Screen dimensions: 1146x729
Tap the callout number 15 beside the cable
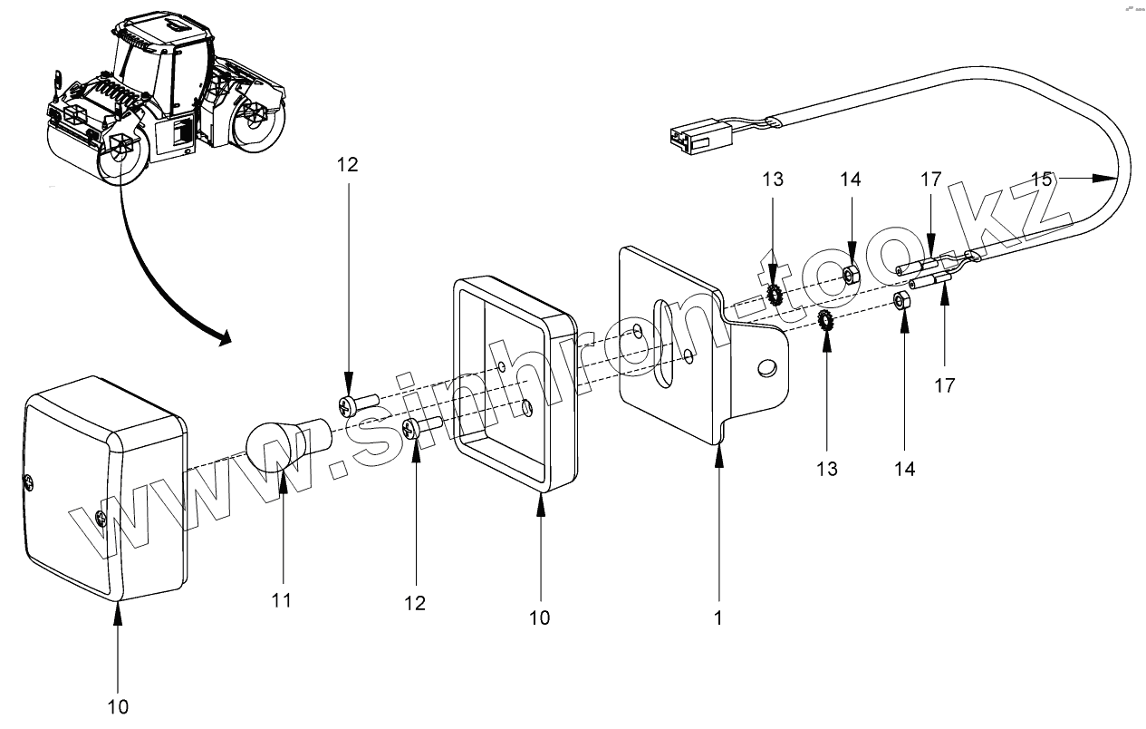[1042, 180]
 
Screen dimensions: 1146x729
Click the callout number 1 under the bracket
[718, 617]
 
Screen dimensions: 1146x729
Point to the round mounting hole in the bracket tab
[766, 367]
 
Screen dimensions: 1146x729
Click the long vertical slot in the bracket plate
[664, 345]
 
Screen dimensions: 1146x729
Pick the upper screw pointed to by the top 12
[358, 404]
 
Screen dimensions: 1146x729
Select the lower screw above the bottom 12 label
[422, 427]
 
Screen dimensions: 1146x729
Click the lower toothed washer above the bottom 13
[825, 321]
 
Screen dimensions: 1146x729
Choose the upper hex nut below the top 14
[851, 276]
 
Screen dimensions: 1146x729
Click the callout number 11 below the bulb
[282, 600]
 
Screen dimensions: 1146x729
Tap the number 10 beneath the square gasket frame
[539, 617]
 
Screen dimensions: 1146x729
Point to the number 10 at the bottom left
[118, 707]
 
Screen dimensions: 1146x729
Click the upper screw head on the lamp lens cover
[29, 481]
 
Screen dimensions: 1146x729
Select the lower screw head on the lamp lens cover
[101, 519]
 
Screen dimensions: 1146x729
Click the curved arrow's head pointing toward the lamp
[224, 338]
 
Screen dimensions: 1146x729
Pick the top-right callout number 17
[930, 180]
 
